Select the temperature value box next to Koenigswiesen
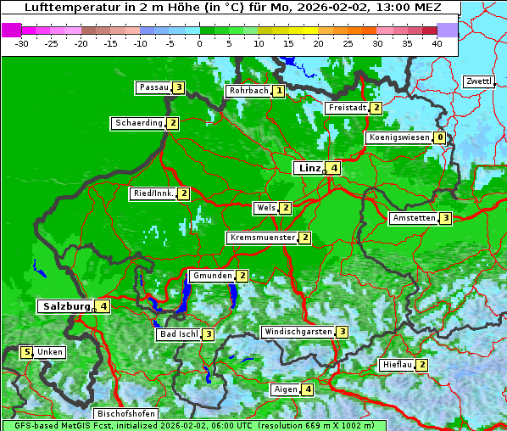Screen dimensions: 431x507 tap(439, 137)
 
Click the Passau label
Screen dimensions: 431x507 tap(153, 87)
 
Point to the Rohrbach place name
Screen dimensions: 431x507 tap(248, 91)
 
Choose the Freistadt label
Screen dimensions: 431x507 tap(347, 108)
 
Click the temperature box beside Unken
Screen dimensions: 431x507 tap(26, 352)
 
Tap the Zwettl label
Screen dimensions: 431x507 tap(479, 81)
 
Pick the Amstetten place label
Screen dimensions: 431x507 tap(413, 218)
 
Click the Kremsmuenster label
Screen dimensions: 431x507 tap(262, 238)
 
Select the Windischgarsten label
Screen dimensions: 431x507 tap(297, 332)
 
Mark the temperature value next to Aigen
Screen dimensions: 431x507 tap(307, 389)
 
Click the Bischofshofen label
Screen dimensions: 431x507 tap(125, 414)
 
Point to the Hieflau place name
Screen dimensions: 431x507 tap(396, 365)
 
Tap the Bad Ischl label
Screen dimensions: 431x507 tap(178, 334)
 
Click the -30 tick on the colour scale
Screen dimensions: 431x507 tap(22, 42)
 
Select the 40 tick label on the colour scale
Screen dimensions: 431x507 tap(437, 42)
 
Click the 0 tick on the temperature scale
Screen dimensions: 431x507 tap(199, 42)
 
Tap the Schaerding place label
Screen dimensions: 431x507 tap(139, 123)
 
